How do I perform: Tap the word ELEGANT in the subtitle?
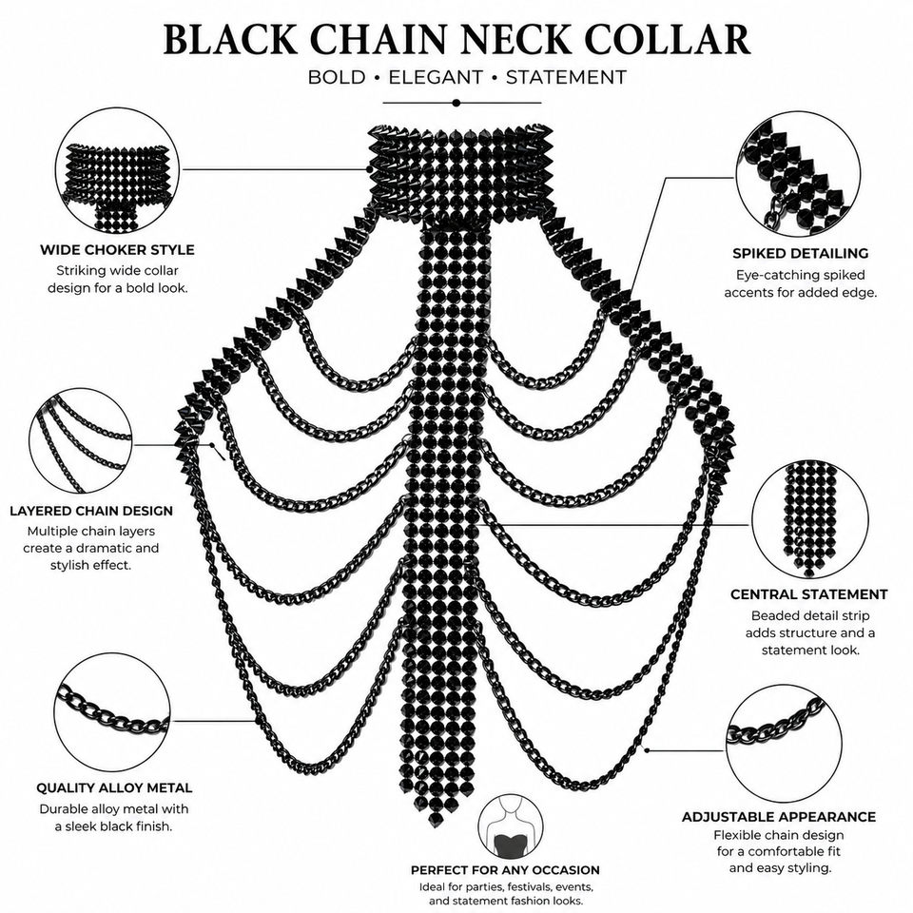click(436, 77)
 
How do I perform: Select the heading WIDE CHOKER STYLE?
click(117, 250)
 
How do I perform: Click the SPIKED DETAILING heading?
click(800, 253)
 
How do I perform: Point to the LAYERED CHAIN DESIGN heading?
click(91, 511)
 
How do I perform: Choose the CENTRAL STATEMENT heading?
click(808, 594)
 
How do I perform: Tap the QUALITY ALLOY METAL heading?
click(114, 787)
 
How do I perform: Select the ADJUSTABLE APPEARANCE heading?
click(779, 817)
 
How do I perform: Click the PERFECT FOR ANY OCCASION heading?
click(505, 870)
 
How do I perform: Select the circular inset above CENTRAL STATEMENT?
click(809, 520)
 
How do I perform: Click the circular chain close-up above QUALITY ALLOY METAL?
click(112, 712)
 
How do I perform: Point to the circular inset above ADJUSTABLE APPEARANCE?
click(784, 744)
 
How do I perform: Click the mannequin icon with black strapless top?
click(510, 826)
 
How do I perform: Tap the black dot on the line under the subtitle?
click(456, 103)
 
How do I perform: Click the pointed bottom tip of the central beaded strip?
click(434, 826)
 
